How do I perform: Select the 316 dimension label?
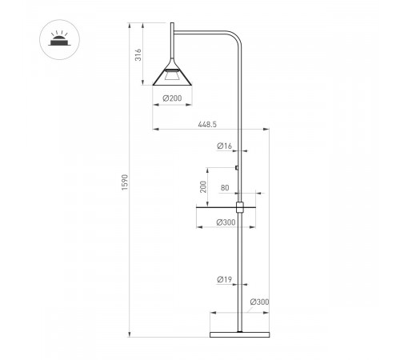[138, 54]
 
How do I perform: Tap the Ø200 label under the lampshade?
[172, 98]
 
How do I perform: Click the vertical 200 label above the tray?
[203, 186]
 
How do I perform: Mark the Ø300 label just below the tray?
[226, 223]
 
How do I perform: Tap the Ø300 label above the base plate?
[259, 302]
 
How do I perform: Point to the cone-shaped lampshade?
[172, 72]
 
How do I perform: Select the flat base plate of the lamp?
[240, 334]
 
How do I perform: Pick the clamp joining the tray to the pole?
[240, 206]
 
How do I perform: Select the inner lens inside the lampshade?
[172, 78]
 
